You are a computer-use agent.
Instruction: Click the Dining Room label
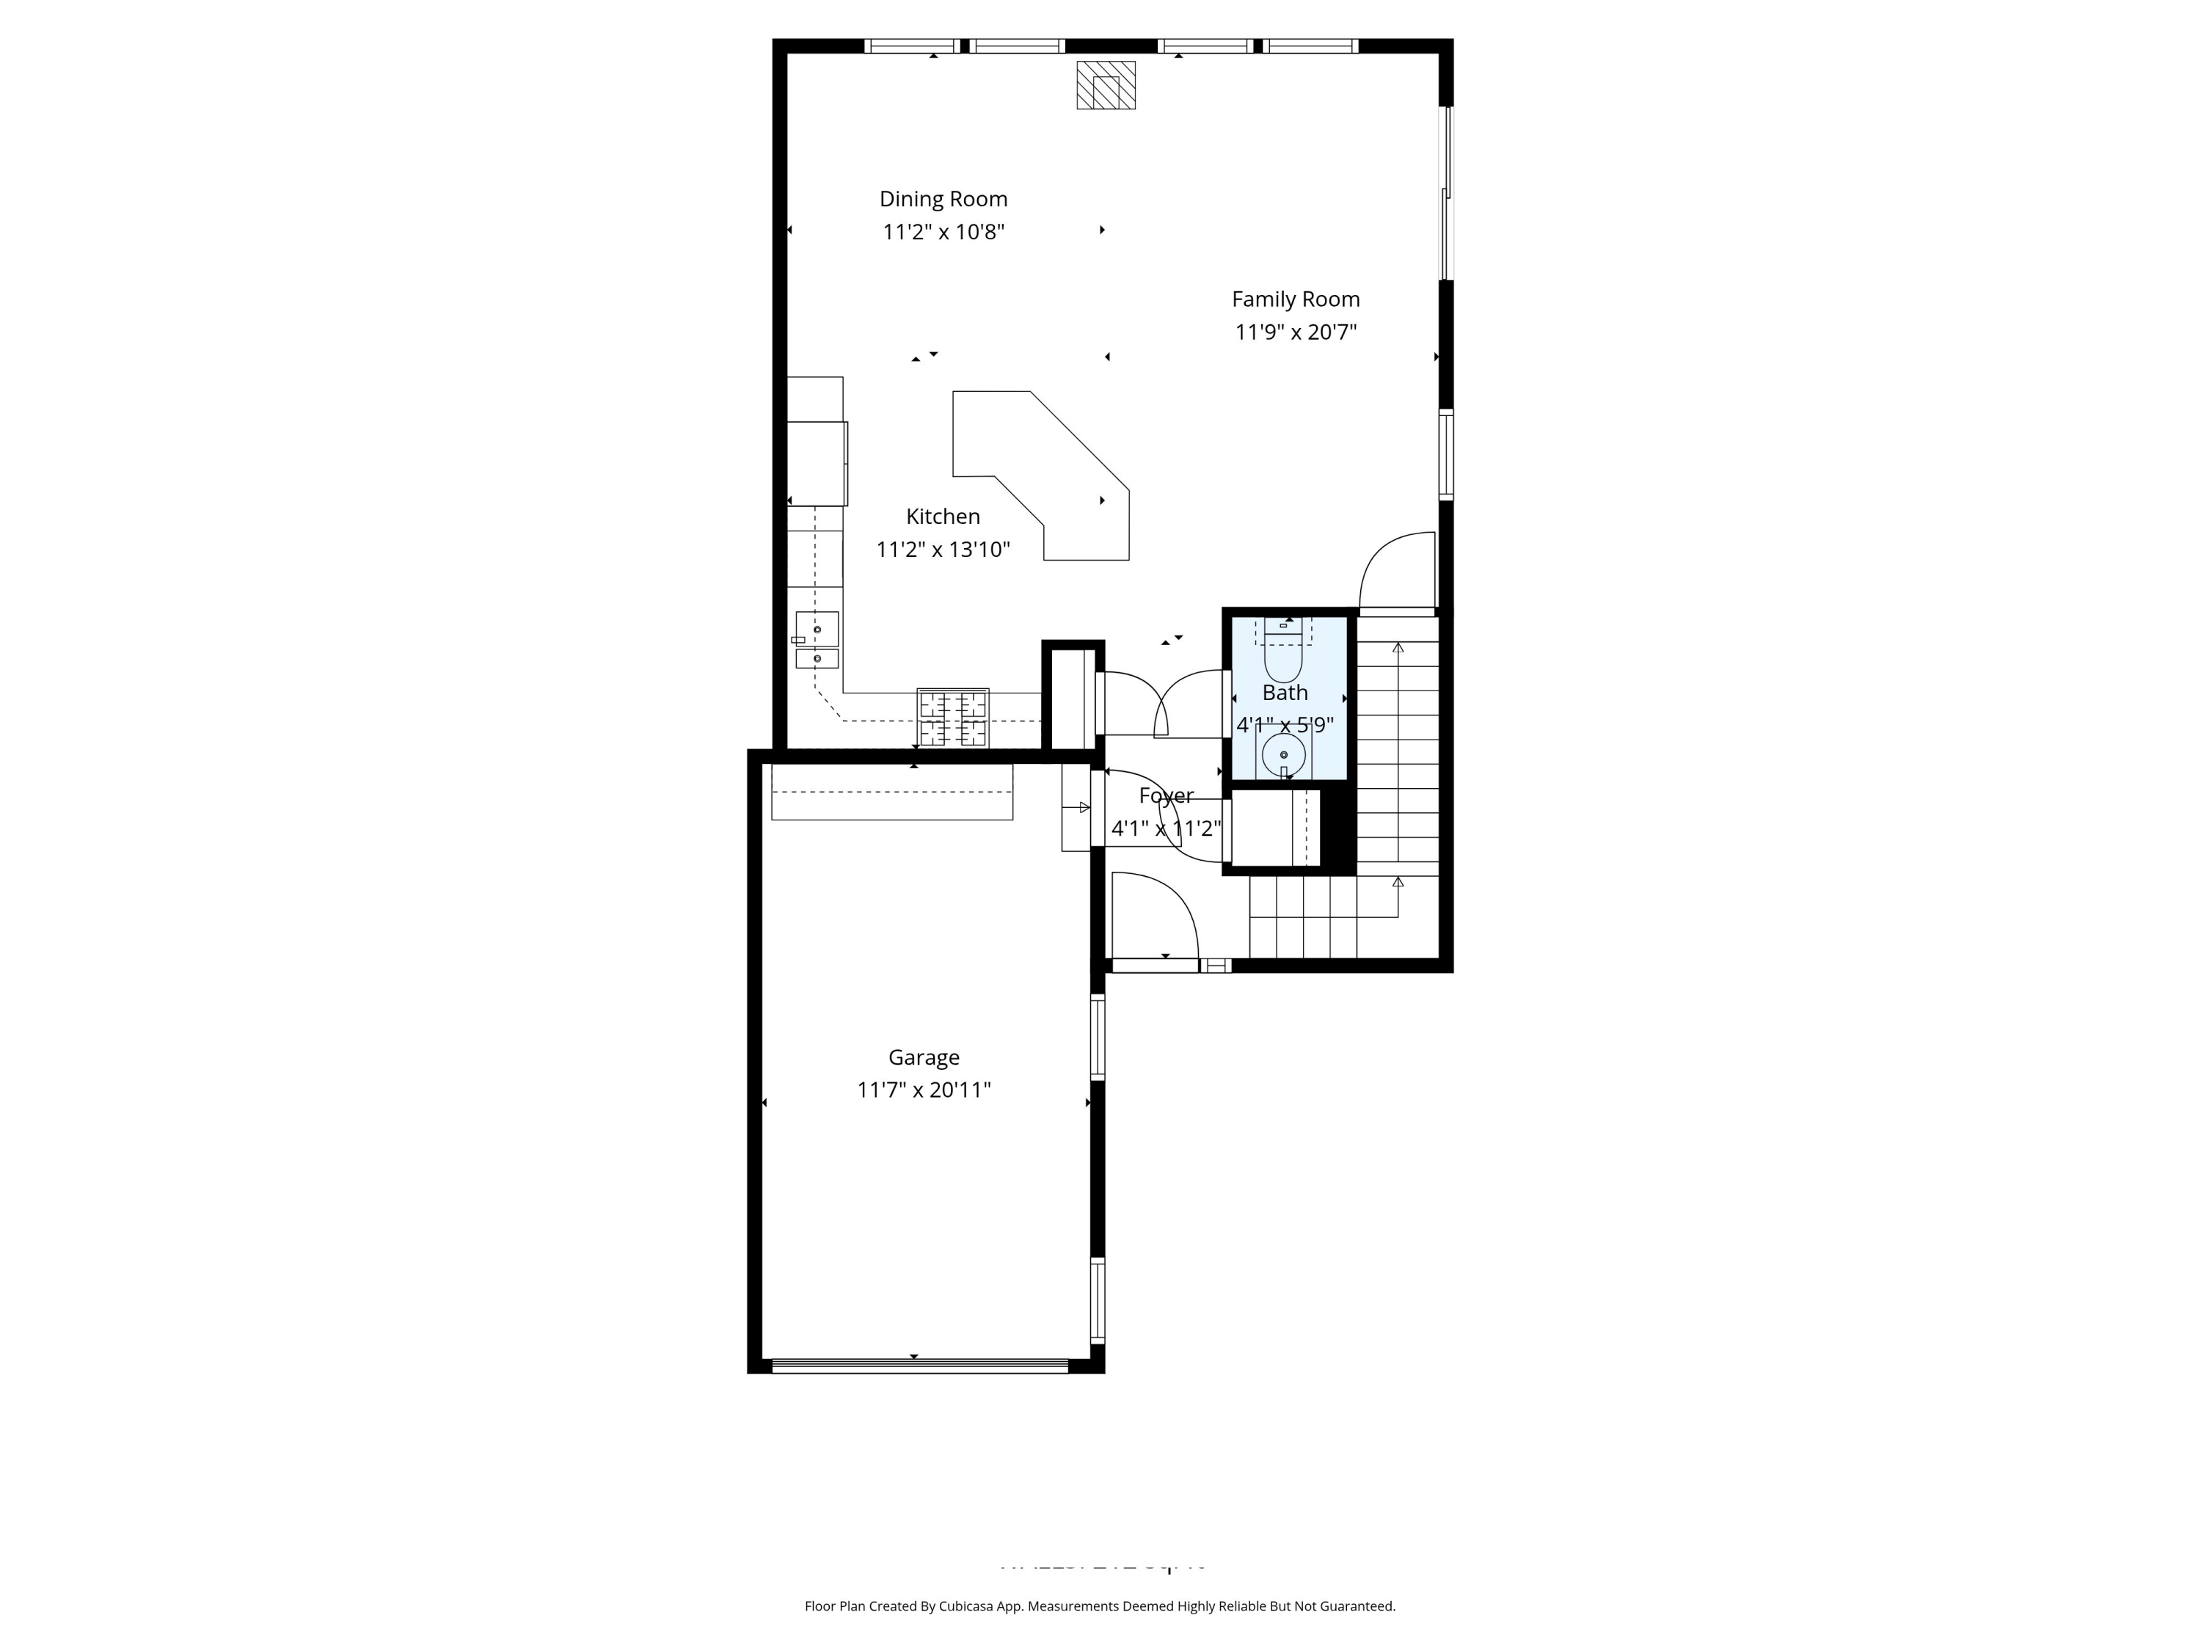[x=942, y=199]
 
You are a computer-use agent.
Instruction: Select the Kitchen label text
[x=942, y=517]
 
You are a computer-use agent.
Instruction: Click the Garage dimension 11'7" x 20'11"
[x=924, y=1090]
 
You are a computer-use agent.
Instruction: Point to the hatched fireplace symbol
[x=1106, y=86]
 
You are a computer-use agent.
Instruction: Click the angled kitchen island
[x=1045, y=478]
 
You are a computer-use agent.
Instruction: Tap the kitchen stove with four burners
[x=952, y=718]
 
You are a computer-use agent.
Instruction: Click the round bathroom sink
[x=1284, y=755]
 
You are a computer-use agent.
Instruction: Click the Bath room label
[x=1285, y=693]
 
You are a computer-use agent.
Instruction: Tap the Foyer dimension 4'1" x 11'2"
[x=1165, y=828]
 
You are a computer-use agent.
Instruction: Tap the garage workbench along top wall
[x=891, y=792]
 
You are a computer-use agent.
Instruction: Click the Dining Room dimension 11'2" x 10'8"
[x=942, y=233]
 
